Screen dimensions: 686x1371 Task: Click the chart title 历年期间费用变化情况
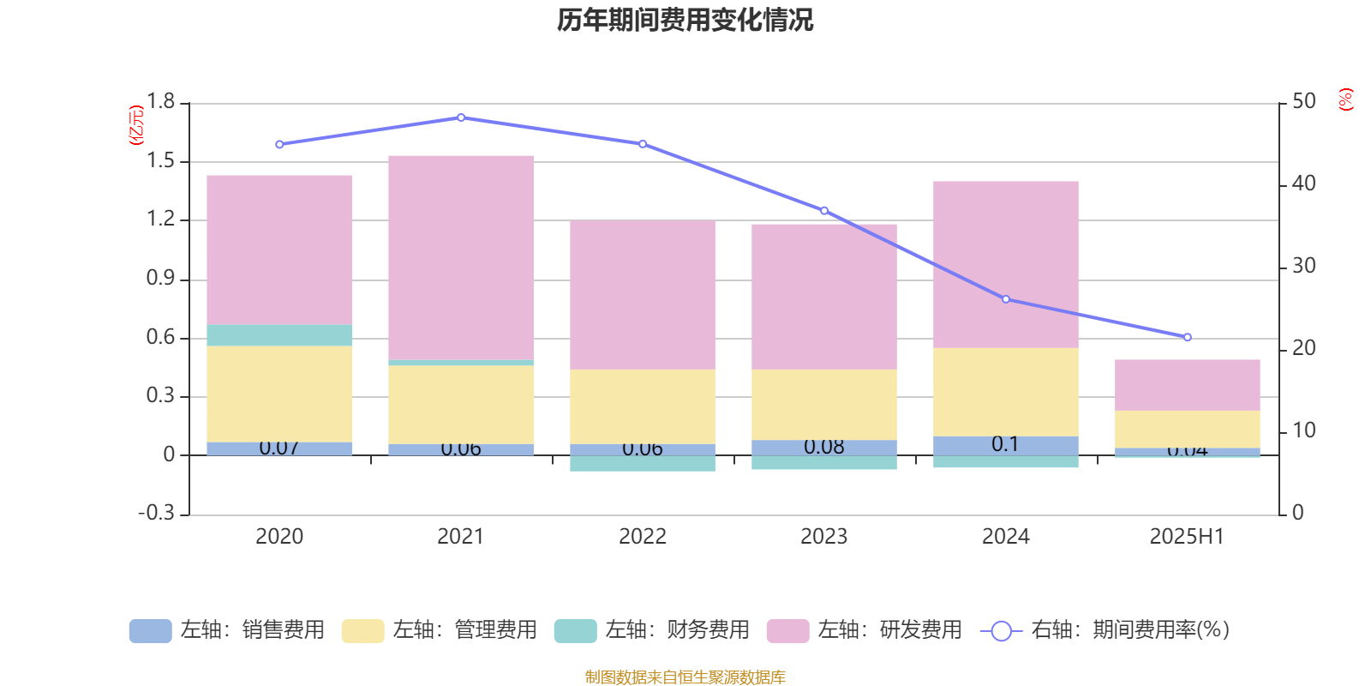point(685,20)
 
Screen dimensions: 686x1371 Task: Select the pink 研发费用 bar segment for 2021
point(461,257)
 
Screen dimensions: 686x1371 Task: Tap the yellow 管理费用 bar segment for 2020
point(279,394)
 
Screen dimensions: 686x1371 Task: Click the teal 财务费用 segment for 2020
point(279,334)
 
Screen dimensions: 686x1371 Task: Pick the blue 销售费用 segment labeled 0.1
point(1005,445)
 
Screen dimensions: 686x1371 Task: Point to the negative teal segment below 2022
point(643,463)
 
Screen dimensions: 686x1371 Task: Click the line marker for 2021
point(461,117)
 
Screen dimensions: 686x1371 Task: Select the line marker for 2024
point(1006,299)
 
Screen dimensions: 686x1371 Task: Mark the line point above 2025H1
point(1187,337)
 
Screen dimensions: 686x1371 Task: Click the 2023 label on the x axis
point(823,537)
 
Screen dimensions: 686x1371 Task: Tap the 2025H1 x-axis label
point(1187,537)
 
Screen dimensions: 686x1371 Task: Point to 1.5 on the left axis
point(160,161)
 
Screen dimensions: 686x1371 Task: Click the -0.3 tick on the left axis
point(157,513)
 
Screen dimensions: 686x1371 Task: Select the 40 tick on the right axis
point(1303,184)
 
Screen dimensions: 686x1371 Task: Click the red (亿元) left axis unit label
point(136,125)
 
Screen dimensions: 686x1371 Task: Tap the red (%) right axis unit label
point(1346,99)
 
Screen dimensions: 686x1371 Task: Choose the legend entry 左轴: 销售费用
point(228,630)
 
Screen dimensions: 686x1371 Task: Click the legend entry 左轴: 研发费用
point(865,630)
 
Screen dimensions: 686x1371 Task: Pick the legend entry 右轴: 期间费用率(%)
point(1105,630)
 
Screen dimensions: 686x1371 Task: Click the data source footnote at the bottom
point(685,677)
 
